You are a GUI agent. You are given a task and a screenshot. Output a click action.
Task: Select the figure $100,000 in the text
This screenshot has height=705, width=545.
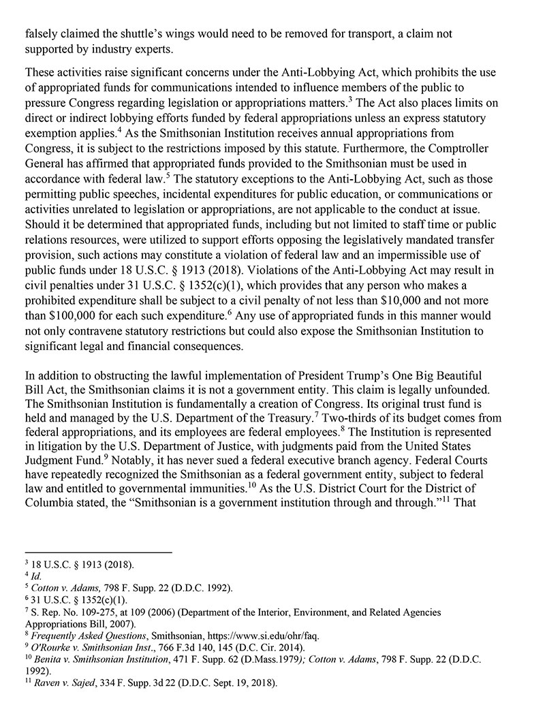(63, 317)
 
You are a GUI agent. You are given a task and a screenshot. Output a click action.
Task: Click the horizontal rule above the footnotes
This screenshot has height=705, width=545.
(98, 552)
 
